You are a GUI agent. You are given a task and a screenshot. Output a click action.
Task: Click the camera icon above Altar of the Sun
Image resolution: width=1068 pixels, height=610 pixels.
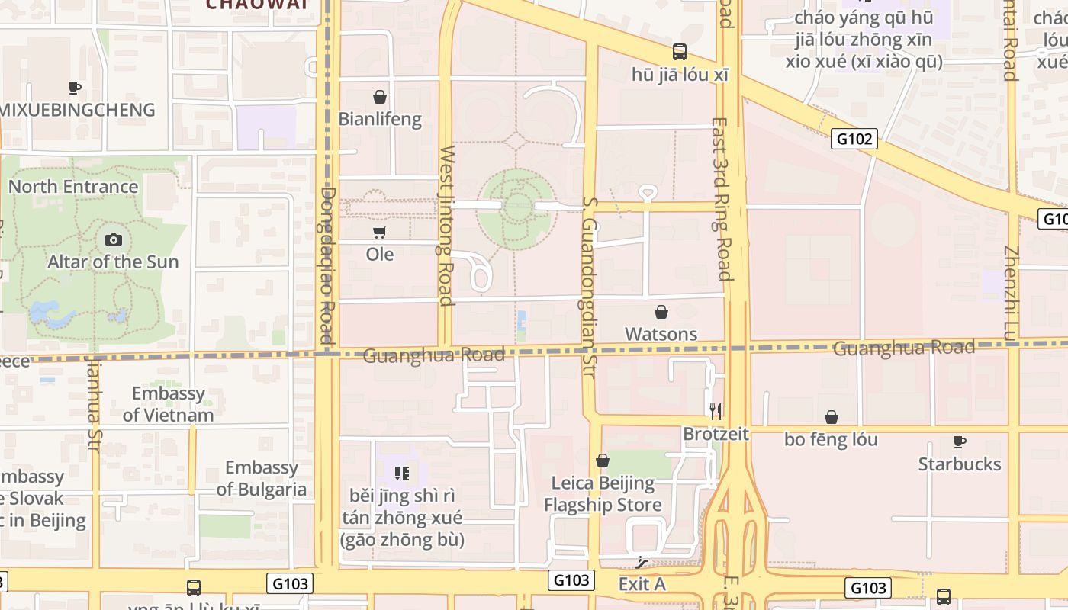[x=113, y=240]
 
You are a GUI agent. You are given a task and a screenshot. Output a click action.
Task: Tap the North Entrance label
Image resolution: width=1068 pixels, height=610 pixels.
[x=73, y=187]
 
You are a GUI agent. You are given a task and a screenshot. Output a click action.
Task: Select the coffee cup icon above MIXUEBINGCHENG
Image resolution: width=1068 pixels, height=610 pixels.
[x=75, y=88]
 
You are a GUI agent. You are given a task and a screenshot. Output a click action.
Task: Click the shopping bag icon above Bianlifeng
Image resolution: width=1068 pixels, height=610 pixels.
[x=379, y=97]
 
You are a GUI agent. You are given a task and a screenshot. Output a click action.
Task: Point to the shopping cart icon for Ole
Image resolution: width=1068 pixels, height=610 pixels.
[x=379, y=232]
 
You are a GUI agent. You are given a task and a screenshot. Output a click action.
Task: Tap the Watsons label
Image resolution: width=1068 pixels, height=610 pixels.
[x=661, y=334]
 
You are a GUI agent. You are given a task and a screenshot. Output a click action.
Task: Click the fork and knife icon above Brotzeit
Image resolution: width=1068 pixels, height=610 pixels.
[x=716, y=412]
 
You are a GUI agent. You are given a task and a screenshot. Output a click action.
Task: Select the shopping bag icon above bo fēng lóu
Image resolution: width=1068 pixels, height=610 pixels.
[x=832, y=417]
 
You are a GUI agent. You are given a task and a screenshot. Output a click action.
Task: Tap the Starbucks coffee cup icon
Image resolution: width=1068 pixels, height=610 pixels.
[x=959, y=441]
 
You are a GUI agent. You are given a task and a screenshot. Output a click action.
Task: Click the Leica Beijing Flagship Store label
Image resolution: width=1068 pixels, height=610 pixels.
[x=603, y=494]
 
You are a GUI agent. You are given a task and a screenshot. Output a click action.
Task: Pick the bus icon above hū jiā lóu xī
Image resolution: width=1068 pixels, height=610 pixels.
[x=679, y=52]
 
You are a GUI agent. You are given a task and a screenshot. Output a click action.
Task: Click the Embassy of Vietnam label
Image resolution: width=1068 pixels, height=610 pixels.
[x=168, y=404]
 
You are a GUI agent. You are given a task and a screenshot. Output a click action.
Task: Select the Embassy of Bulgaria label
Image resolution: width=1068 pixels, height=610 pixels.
[x=261, y=478]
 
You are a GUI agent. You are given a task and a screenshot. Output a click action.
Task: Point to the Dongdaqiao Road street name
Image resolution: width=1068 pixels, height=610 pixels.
[x=328, y=265]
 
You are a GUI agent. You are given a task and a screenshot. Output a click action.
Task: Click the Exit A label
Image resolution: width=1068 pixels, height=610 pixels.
[x=642, y=584]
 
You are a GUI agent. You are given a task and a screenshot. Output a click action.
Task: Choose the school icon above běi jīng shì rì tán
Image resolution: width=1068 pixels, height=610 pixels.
[x=402, y=474]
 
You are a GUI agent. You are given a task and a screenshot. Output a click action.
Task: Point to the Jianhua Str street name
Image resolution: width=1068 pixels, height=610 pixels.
[x=95, y=404]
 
